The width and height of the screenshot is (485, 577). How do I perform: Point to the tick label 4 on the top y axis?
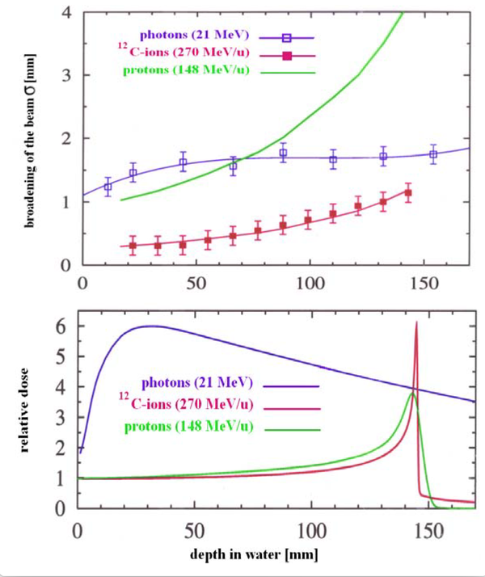(x=64, y=13)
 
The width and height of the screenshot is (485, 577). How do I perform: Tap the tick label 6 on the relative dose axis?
(x=58, y=326)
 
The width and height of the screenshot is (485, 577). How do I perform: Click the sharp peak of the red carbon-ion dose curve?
(x=416, y=322)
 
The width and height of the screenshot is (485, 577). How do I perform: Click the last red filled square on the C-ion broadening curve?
(x=408, y=193)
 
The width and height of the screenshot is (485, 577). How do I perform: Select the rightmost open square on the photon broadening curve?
(x=433, y=154)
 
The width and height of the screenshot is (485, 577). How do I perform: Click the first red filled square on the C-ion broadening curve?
(x=133, y=245)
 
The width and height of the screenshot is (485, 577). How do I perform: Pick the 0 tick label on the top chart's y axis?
(x=65, y=264)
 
